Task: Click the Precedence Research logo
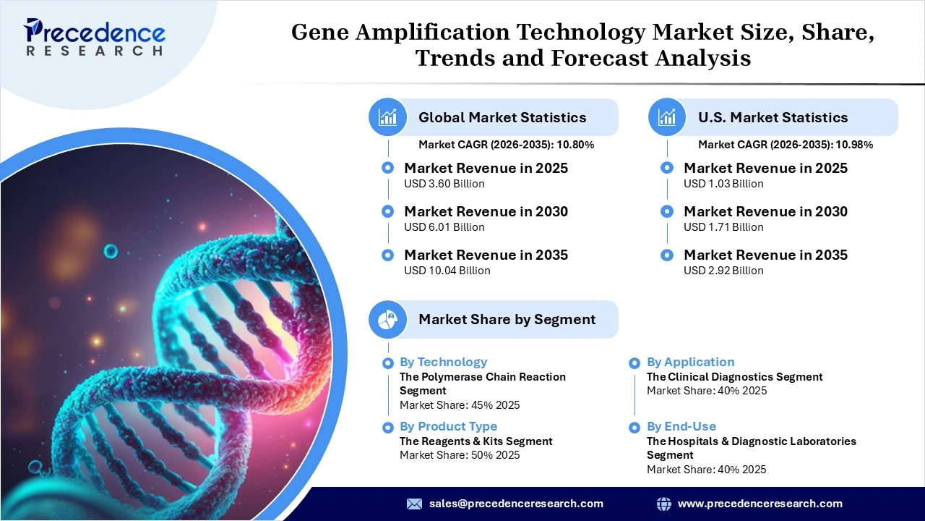95,37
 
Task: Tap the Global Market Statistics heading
502,117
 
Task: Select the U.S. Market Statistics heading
773,117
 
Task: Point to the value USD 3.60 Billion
444,184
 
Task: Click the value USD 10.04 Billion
447,271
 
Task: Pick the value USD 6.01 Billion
444,227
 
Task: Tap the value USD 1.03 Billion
723,184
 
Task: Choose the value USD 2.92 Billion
723,271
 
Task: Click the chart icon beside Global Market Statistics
388,117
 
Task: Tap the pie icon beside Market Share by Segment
388,319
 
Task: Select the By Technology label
443,362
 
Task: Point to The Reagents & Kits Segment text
476,441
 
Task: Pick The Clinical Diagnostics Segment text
734,377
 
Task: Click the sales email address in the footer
516,504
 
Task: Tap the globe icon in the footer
663,504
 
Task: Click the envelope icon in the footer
414,504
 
